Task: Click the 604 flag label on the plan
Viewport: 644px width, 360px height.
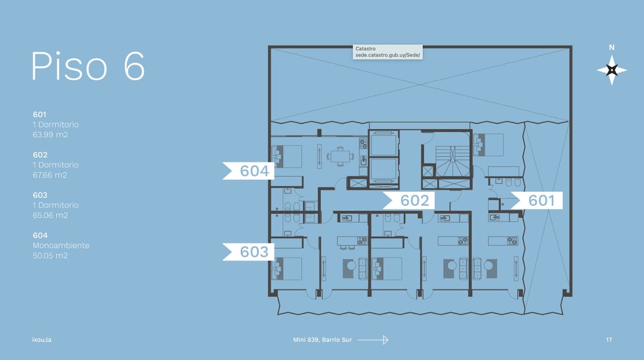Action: pyautogui.click(x=249, y=171)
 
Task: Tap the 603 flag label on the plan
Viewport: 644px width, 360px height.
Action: pyautogui.click(x=249, y=252)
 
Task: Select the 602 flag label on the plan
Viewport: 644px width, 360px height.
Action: pyautogui.click(x=408, y=200)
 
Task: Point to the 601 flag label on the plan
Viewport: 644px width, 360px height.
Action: pyautogui.click(x=537, y=200)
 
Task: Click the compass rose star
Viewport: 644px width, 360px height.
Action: pyautogui.click(x=612, y=70)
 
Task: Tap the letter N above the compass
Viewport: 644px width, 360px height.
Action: pyautogui.click(x=612, y=48)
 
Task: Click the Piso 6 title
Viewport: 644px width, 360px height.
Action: pyautogui.click(x=88, y=66)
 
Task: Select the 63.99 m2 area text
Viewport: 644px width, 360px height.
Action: pyautogui.click(x=50, y=135)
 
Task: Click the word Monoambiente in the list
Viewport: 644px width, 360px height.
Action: pyautogui.click(x=61, y=246)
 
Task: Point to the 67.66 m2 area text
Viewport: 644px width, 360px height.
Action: pyautogui.click(x=49, y=175)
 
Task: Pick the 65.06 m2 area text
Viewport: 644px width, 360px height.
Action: pyautogui.click(x=50, y=215)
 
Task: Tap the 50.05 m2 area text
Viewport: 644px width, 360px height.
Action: pyautogui.click(x=50, y=255)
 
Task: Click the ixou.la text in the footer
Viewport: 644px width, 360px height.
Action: pyautogui.click(x=42, y=340)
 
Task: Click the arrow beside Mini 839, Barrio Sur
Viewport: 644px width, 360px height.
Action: pyautogui.click(x=373, y=340)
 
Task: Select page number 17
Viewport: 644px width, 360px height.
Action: pyautogui.click(x=609, y=340)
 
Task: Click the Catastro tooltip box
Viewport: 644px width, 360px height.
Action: pyautogui.click(x=388, y=52)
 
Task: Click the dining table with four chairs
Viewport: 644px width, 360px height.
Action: pyautogui.click(x=340, y=156)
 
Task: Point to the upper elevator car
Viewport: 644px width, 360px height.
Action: pyautogui.click(x=383, y=144)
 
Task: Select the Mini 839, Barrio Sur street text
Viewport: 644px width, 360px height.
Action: pyautogui.click(x=323, y=340)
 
